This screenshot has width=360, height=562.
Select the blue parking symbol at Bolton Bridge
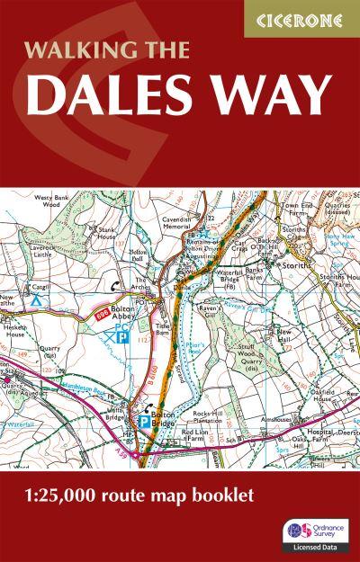click(144, 416)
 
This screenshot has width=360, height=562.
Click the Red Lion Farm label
click(196, 436)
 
